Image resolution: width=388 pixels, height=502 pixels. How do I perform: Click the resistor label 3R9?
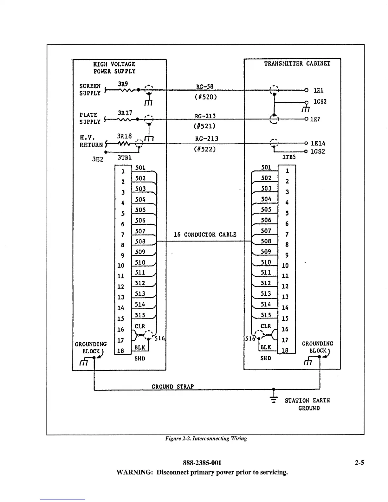coord(123,84)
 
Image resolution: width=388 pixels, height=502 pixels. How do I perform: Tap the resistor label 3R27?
coord(125,113)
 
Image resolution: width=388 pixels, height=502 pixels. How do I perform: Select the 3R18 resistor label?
coord(124,136)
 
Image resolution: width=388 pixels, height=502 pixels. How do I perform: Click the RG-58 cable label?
coord(205,87)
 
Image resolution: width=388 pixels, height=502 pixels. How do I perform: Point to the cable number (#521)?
coord(204,126)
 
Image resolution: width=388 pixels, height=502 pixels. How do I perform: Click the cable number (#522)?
coord(205,149)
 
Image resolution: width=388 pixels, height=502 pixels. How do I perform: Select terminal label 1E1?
coord(318,91)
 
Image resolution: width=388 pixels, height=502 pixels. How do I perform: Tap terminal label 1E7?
coord(315,119)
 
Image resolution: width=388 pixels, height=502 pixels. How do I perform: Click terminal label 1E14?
coord(318,144)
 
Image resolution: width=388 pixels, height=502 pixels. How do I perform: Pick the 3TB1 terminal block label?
coord(124,158)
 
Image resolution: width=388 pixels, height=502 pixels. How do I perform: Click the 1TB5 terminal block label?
coord(289,157)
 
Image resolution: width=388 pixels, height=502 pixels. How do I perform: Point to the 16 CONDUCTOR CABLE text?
coord(205,235)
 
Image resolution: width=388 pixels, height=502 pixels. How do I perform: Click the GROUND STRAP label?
coord(172,387)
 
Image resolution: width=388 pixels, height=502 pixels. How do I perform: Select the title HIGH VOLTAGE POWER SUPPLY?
coord(114,68)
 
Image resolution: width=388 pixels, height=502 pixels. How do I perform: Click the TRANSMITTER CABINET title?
coord(297,64)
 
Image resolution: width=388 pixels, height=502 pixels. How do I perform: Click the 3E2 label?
coord(98,159)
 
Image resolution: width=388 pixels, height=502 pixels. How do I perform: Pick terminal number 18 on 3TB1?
coord(121,351)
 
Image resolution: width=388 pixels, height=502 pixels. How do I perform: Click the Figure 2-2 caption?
coord(206,439)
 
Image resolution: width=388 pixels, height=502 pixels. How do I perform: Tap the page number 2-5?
coord(359,463)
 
